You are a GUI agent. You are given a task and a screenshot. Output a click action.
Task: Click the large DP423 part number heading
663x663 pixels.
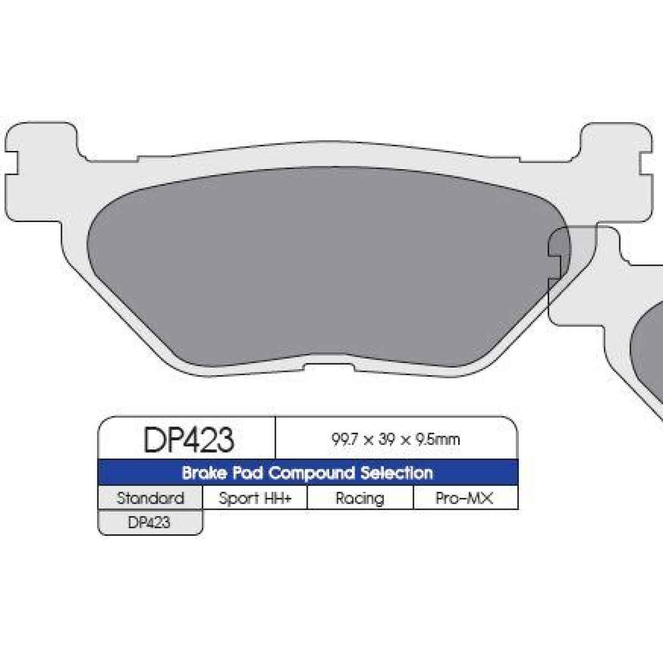(x=188, y=440)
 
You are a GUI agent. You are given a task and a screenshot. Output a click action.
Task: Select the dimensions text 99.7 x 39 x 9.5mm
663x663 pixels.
(x=396, y=440)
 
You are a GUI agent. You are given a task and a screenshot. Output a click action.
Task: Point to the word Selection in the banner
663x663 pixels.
(x=396, y=473)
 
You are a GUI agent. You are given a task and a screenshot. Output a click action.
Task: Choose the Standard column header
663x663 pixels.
(x=150, y=498)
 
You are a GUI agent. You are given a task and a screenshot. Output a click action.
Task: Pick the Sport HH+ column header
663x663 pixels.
(x=255, y=498)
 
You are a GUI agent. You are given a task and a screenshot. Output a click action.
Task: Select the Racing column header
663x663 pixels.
(x=360, y=498)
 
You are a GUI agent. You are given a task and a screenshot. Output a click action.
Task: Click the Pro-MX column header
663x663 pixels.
(x=464, y=498)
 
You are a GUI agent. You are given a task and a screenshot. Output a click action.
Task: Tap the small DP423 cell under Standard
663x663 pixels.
(x=149, y=523)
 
